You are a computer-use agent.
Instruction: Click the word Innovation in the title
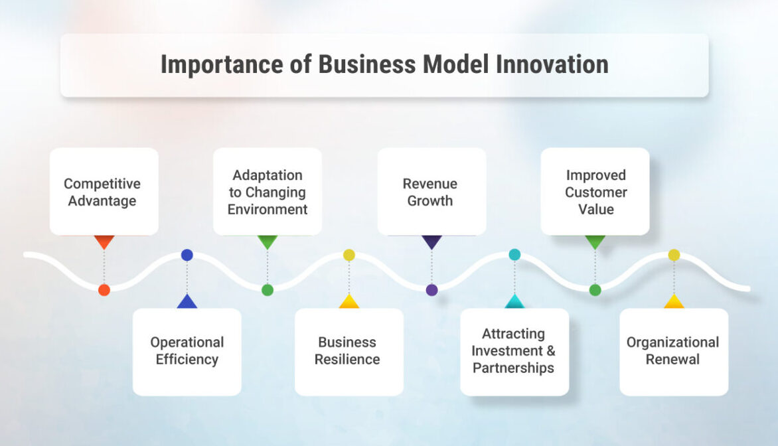point(552,64)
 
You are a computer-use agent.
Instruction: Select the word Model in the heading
point(455,64)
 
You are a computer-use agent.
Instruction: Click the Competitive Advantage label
point(102,192)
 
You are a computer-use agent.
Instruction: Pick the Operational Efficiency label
point(187,350)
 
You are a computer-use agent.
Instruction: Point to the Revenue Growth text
point(430,192)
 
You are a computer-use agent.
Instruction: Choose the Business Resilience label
point(347,350)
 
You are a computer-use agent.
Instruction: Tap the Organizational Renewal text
point(673,350)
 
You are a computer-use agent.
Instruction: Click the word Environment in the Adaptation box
point(268,209)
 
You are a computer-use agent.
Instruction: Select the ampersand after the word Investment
point(551,350)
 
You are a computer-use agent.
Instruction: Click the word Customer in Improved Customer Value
point(596,192)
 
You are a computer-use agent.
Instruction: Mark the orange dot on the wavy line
point(104,290)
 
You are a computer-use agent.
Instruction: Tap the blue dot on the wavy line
point(187,255)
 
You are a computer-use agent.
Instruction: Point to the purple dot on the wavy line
point(431,290)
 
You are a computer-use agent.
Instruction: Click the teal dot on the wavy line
point(514,255)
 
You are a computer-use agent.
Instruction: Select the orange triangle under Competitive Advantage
point(104,241)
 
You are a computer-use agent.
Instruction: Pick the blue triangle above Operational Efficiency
point(187,302)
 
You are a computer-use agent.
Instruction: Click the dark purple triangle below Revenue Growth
point(431,241)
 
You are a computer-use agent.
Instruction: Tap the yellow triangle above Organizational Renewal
point(674,302)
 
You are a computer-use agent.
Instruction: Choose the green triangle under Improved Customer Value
point(595,241)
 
